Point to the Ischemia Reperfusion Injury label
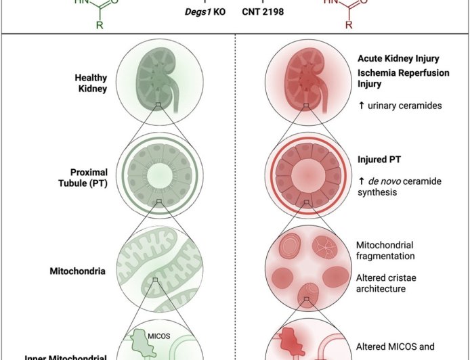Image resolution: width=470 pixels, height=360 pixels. pos(403,78)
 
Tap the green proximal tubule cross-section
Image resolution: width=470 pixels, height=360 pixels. pos(158,171)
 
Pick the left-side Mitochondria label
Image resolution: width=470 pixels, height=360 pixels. pos(78,271)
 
